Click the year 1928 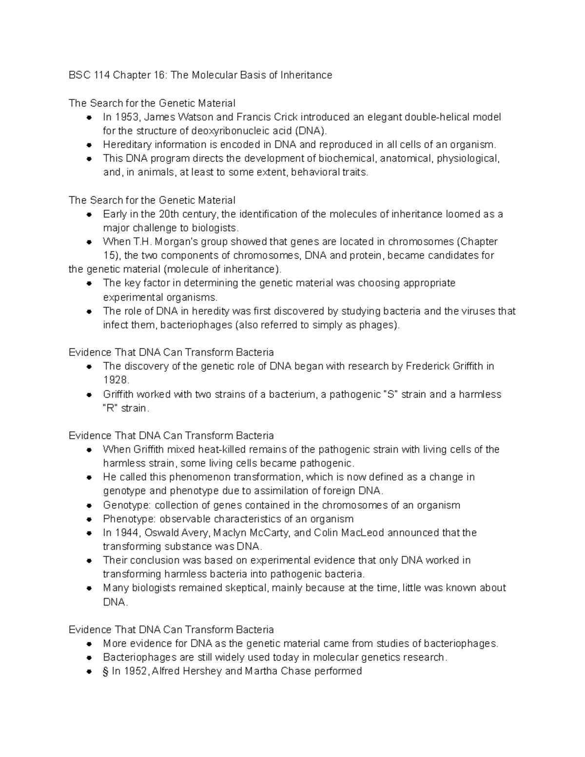[116, 380]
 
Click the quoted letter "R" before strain [111, 408]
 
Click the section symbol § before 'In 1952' [105, 671]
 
